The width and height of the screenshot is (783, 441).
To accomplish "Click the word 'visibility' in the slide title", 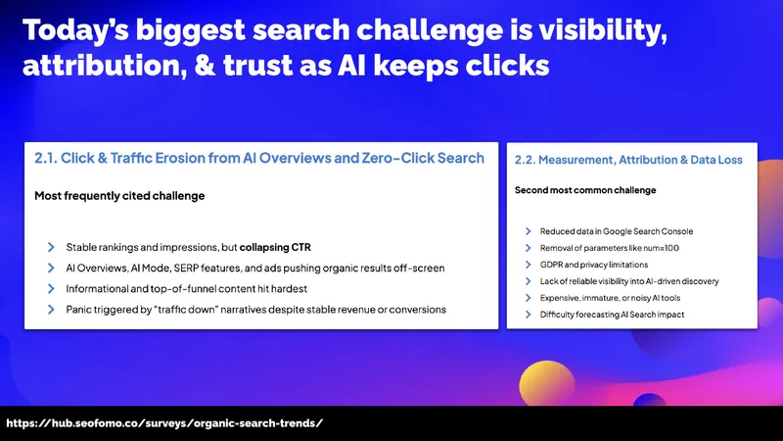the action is (x=602, y=31).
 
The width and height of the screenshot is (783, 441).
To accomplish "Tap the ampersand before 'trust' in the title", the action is (x=205, y=66).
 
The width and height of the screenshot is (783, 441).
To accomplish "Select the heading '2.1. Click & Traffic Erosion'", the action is (x=119, y=158).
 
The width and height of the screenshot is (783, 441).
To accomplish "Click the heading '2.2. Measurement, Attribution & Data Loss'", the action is (x=628, y=160).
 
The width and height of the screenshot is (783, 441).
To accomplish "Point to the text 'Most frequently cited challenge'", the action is (x=119, y=196).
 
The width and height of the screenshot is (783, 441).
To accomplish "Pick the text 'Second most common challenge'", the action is (x=585, y=190).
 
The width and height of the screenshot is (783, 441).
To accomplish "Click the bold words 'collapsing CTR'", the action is (x=275, y=247).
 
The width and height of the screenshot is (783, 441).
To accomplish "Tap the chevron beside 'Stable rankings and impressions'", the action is (x=51, y=247).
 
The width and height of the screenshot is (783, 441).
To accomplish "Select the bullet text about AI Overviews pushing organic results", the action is (x=255, y=268).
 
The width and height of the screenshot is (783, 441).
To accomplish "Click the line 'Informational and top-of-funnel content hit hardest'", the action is (x=186, y=288).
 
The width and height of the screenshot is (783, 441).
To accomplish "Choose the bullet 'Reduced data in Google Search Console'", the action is (x=617, y=231).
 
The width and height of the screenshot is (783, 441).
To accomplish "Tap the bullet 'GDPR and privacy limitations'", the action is (x=594, y=265).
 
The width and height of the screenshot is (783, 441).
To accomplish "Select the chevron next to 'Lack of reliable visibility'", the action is (x=528, y=281).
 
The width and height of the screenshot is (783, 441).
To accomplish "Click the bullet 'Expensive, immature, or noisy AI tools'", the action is (x=610, y=298).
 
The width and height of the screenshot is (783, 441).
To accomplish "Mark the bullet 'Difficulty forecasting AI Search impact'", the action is (x=612, y=315).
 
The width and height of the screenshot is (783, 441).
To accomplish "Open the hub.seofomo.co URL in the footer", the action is (x=164, y=423).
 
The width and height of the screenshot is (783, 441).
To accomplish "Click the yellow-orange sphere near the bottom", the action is (x=547, y=382).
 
